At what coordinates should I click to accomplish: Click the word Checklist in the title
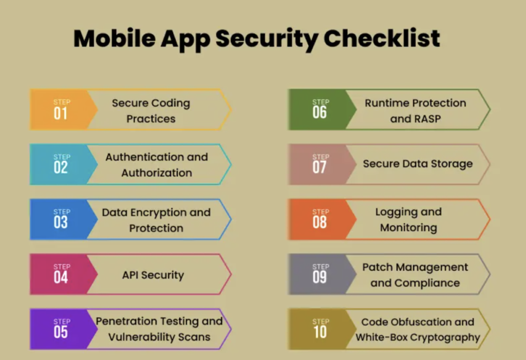[382, 38]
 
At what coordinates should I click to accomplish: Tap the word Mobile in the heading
[115, 38]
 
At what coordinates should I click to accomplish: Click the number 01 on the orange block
[61, 113]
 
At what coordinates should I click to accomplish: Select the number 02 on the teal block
[61, 167]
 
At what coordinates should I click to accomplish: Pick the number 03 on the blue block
[61, 222]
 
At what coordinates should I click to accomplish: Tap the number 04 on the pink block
[61, 277]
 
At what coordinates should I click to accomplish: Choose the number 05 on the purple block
[61, 332]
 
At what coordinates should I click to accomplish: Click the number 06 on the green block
[320, 112]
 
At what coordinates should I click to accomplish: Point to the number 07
[320, 167]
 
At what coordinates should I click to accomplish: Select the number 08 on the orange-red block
[320, 222]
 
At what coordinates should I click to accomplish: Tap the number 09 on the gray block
[320, 277]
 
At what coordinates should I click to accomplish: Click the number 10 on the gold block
[321, 332]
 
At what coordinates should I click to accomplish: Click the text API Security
[153, 275]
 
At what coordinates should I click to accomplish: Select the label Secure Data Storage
[418, 164]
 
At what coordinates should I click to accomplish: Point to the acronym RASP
[427, 119]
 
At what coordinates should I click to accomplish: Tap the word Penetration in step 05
[129, 321]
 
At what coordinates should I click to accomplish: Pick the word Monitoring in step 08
[408, 228]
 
